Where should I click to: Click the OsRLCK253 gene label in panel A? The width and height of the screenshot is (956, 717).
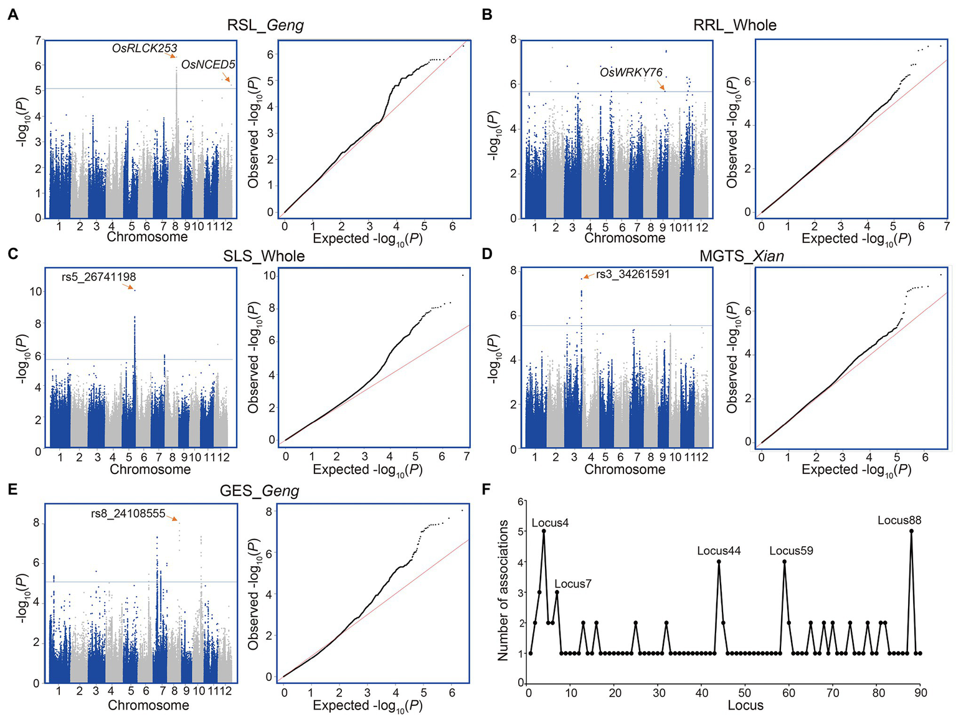point(144,48)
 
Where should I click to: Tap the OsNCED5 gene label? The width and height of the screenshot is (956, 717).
point(208,65)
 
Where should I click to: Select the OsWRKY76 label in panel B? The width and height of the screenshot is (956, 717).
point(631,73)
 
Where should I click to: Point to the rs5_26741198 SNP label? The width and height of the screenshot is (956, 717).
point(98,277)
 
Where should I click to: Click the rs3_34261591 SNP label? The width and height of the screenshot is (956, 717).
point(633,274)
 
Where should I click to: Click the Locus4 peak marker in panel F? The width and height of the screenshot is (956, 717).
point(544,531)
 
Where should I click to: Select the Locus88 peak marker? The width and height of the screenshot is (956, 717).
point(911,531)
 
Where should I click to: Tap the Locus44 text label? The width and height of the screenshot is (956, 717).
point(719,551)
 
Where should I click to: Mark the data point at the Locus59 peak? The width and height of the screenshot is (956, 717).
point(784,561)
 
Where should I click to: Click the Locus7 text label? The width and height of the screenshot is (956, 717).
point(572,584)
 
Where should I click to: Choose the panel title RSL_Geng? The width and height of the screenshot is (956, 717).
point(265,25)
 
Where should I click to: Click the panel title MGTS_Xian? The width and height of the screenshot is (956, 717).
point(741,256)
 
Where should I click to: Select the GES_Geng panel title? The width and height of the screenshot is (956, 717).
point(260,491)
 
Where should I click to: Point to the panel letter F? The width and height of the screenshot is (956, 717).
point(487,489)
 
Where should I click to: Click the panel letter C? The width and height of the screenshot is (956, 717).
point(12,254)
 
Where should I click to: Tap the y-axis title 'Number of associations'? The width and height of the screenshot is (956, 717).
point(503,590)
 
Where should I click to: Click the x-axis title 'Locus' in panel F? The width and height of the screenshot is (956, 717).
point(745,705)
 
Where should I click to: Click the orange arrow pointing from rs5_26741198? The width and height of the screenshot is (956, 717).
point(128,287)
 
